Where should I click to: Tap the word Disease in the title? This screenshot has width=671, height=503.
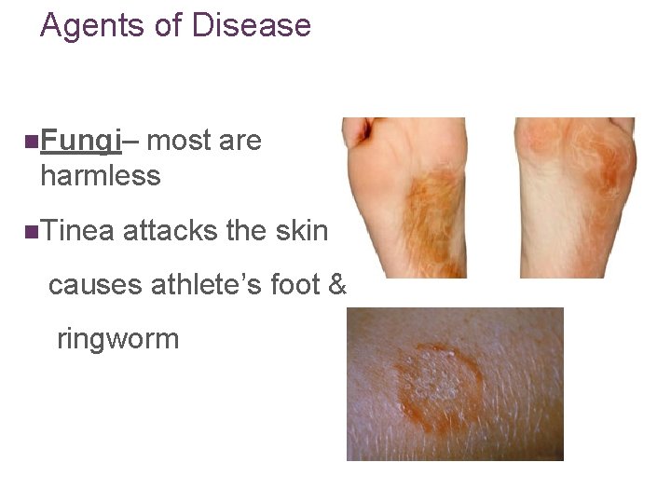coord(251,25)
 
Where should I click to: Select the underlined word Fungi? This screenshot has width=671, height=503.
coord(82,142)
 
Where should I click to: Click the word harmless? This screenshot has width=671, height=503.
coord(101,175)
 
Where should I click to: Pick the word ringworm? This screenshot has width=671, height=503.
coord(117,337)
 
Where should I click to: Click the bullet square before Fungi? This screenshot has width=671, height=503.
coord(33,143)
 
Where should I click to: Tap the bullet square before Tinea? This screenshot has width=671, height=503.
coord(33,230)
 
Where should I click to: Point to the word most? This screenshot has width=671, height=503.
coord(178,142)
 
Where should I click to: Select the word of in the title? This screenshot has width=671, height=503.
coord(168,25)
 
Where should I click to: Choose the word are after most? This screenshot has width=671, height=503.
coord(240,142)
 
